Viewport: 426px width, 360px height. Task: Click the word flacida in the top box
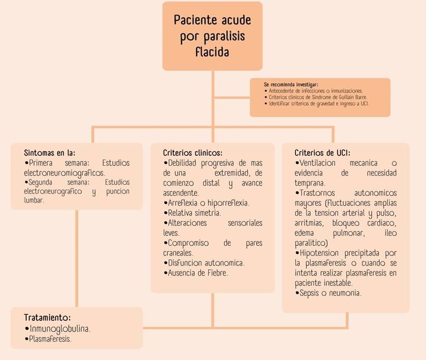tap(212, 52)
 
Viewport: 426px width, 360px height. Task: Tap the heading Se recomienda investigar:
tap(291, 85)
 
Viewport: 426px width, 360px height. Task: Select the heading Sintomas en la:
tap(50, 153)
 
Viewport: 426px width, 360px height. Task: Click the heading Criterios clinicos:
tap(193, 153)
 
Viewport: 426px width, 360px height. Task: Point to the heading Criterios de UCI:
tap(322, 153)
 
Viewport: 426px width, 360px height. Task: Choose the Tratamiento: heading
tap(47, 317)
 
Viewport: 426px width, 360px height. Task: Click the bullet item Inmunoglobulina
tap(57, 329)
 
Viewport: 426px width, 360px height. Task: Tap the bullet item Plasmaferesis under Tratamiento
tap(48, 339)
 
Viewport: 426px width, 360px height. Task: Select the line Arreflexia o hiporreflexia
tap(206, 203)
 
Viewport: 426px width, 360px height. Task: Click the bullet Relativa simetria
tap(192, 213)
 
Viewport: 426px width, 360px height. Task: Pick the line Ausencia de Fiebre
tap(195, 273)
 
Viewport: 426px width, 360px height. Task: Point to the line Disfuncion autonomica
tap(204, 263)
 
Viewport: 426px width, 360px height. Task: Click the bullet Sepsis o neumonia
tap(328, 293)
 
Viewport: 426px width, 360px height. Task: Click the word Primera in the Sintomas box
tap(41, 163)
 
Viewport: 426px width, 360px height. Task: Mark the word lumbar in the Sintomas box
tap(33, 200)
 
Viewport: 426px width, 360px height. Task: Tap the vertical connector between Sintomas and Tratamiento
tap(77, 259)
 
